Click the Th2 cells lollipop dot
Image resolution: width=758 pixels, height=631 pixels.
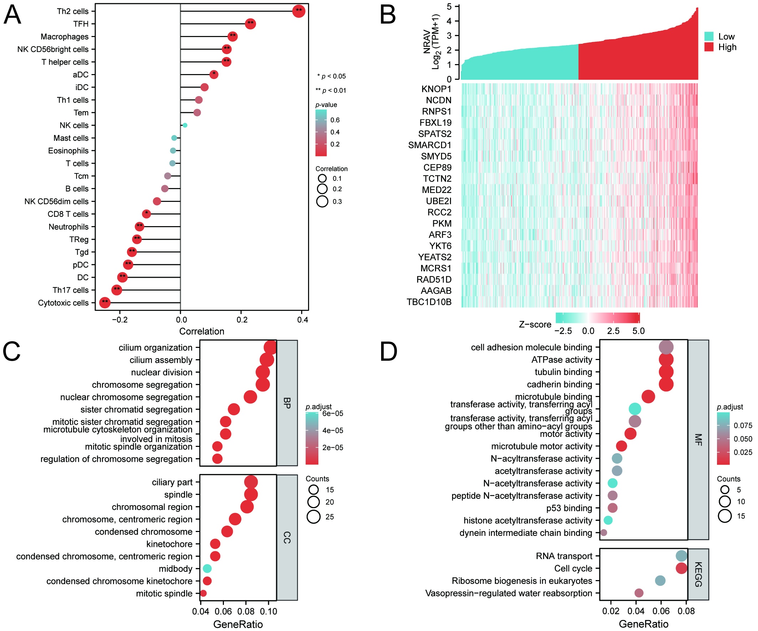point(299,11)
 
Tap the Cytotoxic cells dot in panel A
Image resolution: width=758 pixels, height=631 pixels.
point(105,303)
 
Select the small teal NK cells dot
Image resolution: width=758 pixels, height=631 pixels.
point(185,125)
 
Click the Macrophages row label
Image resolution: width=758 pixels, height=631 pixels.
point(64,36)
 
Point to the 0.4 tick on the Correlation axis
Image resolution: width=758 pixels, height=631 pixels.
point(303,320)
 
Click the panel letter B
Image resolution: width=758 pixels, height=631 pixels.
point(388,15)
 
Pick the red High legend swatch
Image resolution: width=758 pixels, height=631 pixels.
point(708,47)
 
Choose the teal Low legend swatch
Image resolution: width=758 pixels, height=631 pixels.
point(708,36)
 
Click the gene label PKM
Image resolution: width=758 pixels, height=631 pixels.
point(442,224)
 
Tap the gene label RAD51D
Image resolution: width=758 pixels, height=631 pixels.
point(434,280)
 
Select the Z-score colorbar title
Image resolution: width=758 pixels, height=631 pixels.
point(535,324)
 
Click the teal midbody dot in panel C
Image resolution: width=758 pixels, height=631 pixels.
point(207,569)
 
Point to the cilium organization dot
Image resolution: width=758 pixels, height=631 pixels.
point(270,348)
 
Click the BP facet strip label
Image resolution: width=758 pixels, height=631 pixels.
point(287,403)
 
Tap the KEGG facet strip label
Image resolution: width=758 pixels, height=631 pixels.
point(698,574)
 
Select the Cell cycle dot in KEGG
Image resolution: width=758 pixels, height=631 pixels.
point(681,568)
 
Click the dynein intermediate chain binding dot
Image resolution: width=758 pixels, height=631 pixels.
point(604,533)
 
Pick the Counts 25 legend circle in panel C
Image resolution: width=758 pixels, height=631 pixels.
point(313,516)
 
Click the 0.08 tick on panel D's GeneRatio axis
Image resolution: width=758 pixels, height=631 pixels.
point(686,611)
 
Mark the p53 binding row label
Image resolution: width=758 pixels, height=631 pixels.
point(569,508)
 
